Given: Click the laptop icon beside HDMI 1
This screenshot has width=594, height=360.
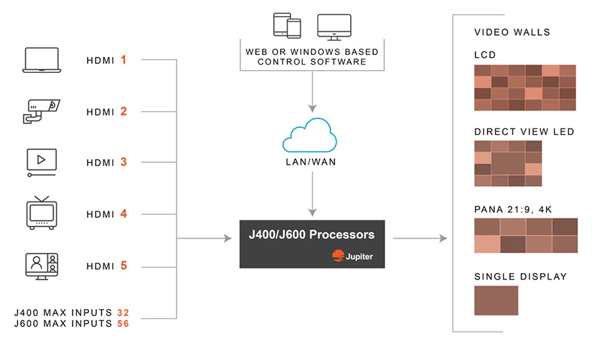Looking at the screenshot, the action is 42,60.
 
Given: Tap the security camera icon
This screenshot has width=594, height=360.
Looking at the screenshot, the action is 41,111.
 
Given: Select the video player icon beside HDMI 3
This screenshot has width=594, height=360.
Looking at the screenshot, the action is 42,163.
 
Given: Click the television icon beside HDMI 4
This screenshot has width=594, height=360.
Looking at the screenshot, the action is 42,213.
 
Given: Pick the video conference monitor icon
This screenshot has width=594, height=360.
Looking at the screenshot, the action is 42,266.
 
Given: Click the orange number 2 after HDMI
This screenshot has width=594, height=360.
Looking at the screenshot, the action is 124,111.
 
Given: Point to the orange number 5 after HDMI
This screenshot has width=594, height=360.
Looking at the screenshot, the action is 124,265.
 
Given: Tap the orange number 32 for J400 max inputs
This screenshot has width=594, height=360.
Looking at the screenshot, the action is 123,313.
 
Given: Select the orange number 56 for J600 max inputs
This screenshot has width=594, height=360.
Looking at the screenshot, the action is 123,324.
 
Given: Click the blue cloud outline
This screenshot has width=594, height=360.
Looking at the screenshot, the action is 309,136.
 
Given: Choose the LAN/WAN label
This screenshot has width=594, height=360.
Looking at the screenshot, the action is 311,162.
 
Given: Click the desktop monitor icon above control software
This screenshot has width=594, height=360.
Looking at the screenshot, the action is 334,27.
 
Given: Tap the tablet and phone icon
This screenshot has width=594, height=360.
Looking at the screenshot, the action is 287,26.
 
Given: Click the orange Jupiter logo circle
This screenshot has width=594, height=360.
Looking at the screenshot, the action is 338,256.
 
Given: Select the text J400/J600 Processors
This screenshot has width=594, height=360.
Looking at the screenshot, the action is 311,235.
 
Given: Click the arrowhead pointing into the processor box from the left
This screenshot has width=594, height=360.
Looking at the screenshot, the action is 228,238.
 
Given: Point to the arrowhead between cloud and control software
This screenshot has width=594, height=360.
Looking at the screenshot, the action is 312,108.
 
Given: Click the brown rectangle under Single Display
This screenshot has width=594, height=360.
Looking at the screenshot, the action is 496,300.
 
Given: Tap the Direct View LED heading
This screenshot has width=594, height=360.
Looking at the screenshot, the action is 525,132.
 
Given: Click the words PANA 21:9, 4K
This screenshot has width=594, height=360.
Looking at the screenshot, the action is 513,210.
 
